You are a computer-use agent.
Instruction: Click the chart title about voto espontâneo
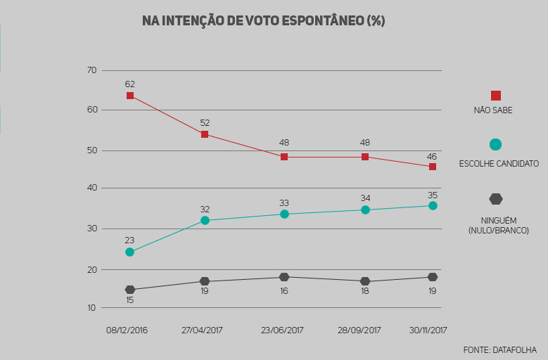click(x=263, y=21)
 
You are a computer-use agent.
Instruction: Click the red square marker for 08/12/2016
click(x=130, y=96)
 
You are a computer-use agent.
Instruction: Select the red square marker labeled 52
click(x=205, y=134)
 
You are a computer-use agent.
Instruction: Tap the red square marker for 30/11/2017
click(x=433, y=167)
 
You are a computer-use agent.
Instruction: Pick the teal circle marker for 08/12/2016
click(x=129, y=252)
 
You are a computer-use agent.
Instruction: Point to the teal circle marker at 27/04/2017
click(x=205, y=220)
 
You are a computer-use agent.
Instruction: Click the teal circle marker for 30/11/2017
click(x=433, y=205)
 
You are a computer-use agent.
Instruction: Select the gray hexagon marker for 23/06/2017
click(x=284, y=277)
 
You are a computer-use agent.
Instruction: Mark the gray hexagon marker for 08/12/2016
click(x=129, y=290)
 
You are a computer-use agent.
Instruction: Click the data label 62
click(x=130, y=84)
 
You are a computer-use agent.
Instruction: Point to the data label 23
click(x=129, y=240)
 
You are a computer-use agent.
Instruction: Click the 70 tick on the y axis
click(x=91, y=70)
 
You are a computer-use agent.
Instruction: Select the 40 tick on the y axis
click(x=91, y=188)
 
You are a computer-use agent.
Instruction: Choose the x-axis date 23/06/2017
click(x=282, y=330)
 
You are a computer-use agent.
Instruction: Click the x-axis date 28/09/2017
click(x=359, y=330)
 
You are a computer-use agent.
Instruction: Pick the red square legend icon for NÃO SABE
click(x=495, y=96)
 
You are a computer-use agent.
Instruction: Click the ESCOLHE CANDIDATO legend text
click(x=499, y=164)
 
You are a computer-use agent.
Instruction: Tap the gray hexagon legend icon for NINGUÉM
click(x=496, y=199)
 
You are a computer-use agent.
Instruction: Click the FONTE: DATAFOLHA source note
click(x=499, y=349)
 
